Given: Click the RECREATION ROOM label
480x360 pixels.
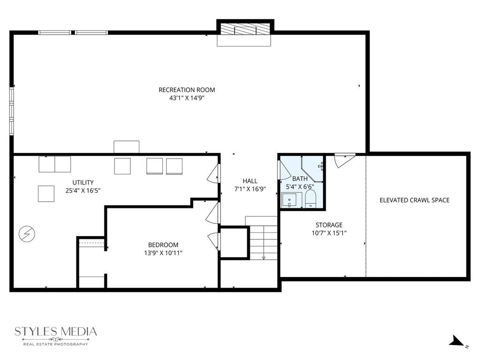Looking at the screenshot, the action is click(x=187, y=90).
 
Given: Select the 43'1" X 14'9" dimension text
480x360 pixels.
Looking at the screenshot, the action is click(x=187, y=98).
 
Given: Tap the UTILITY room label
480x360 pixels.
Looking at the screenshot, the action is click(x=83, y=183).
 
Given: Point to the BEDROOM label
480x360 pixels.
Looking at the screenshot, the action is click(x=163, y=245).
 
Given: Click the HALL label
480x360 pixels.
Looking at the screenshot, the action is click(x=250, y=181).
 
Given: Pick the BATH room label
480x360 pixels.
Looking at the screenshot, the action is click(x=300, y=179).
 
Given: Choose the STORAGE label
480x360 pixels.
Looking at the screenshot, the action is click(x=329, y=225).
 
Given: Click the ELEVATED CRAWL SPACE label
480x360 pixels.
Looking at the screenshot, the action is click(x=414, y=200).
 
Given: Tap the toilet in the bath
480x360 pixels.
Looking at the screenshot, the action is click(x=311, y=199).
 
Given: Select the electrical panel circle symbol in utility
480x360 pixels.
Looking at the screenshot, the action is click(x=27, y=234).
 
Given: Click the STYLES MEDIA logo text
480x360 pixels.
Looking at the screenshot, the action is click(x=56, y=331).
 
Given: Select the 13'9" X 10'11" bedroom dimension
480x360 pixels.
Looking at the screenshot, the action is click(x=163, y=253).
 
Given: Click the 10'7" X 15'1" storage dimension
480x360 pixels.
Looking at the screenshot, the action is click(x=329, y=233).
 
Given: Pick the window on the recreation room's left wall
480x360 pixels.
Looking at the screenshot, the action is click(x=12, y=111).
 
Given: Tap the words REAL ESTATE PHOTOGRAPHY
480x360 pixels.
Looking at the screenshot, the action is click(x=56, y=345).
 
